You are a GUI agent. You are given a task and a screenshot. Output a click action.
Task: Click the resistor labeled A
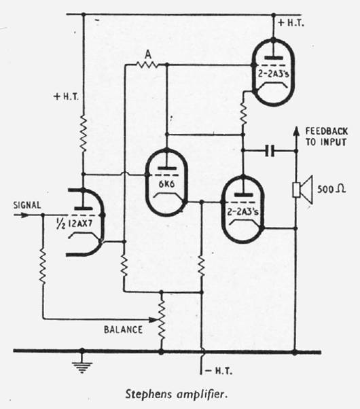click(x=147, y=64)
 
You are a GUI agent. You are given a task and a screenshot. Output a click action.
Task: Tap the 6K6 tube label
click(x=166, y=184)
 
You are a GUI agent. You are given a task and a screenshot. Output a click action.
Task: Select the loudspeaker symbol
click(x=302, y=190)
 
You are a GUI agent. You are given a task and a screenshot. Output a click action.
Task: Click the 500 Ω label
click(x=331, y=189)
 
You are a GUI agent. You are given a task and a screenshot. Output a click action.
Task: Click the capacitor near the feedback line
click(x=270, y=151)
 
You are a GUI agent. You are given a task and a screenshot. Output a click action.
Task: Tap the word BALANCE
click(x=123, y=330)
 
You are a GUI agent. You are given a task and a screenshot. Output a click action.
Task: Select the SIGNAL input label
click(x=27, y=205)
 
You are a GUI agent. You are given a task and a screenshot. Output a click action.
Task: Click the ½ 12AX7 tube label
click(x=74, y=224)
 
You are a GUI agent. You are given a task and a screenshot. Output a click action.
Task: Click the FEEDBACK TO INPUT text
click(x=326, y=137)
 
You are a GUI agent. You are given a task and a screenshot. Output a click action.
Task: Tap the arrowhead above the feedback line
click(x=296, y=131)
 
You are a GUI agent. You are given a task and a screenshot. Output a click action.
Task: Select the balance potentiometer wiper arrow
click(x=153, y=319)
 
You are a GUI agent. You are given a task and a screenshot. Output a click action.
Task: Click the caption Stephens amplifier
click(x=177, y=394)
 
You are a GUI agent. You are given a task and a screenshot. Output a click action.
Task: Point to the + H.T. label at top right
click(x=291, y=23)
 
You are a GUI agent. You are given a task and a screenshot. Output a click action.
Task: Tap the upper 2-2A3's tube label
click(x=274, y=74)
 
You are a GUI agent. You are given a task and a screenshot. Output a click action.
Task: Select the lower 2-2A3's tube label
click(x=243, y=212)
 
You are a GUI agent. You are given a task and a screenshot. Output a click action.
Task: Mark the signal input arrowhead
click(x=24, y=215)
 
